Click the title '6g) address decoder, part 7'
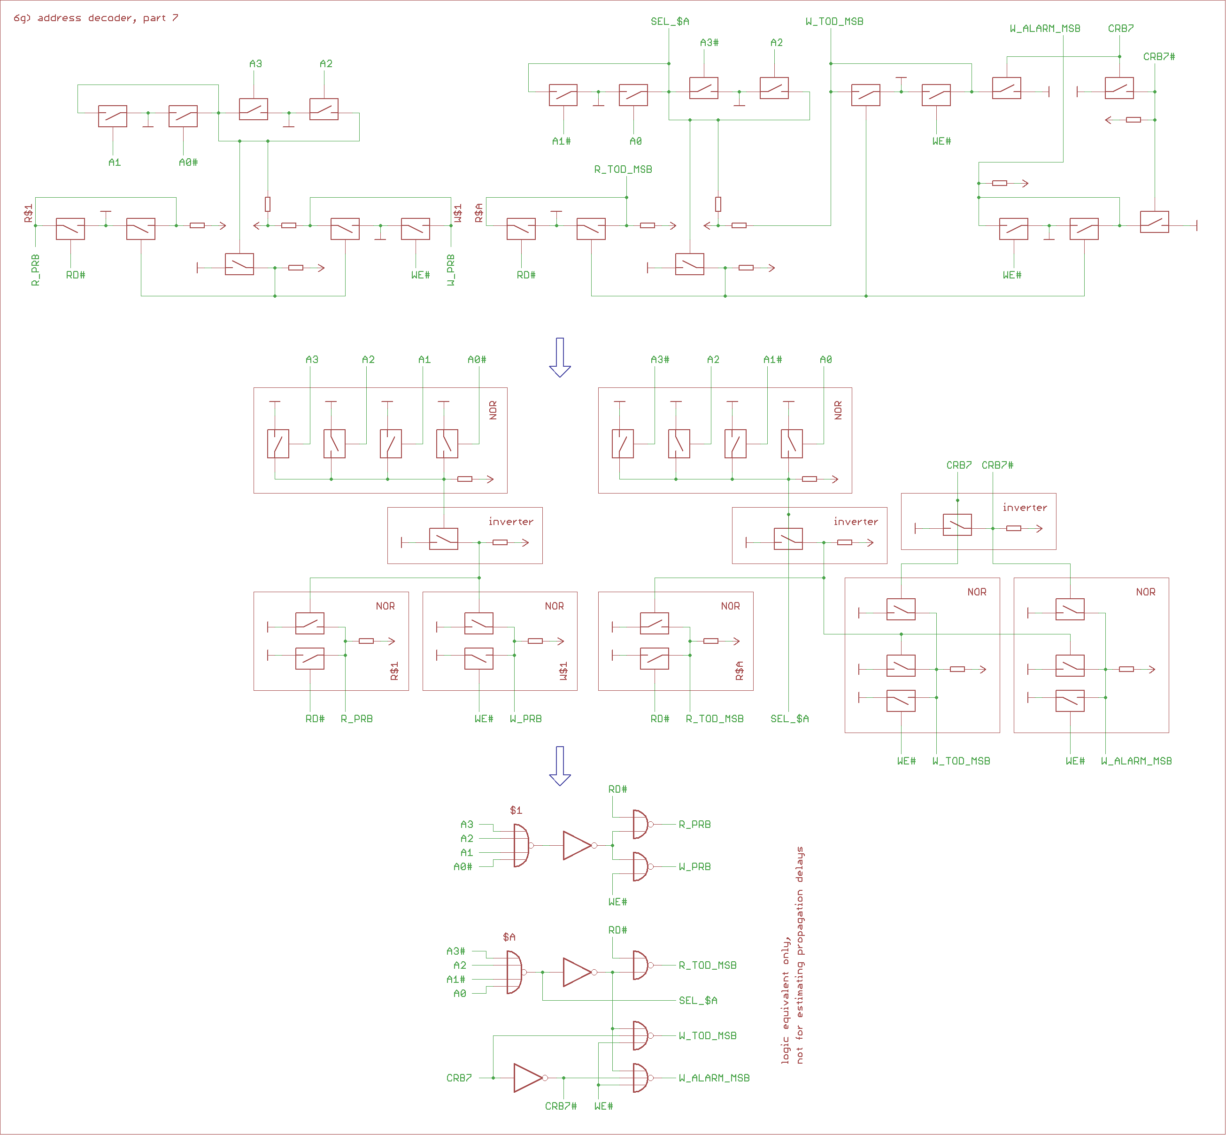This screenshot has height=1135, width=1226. tap(96, 18)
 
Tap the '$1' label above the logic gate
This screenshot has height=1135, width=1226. tap(516, 810)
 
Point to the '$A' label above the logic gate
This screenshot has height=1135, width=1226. tap(509, 937)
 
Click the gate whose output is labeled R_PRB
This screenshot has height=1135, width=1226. tap(640, 824)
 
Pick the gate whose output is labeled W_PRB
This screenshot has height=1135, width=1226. tap(640, 866)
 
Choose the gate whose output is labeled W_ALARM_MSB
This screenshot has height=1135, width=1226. tap(640, 1078)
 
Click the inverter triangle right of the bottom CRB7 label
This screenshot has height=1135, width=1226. tap(528, 1078)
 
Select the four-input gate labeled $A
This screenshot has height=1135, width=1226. tap(514, 972)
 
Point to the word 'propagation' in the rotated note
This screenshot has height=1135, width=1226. tap(799, 922)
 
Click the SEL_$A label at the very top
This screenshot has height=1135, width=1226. tap(670, 22)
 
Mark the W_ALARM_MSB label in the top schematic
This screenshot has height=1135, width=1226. tap(1045, 28)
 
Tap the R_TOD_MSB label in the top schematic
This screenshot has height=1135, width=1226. tap(623, 169)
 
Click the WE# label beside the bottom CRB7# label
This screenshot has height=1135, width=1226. tap(603, 1106)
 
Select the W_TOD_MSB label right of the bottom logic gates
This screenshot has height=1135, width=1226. tap(708, 1035)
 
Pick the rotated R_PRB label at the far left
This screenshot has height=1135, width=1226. tap(36, 270)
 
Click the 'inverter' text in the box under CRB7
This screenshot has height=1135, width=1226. tap(1025, 507)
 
